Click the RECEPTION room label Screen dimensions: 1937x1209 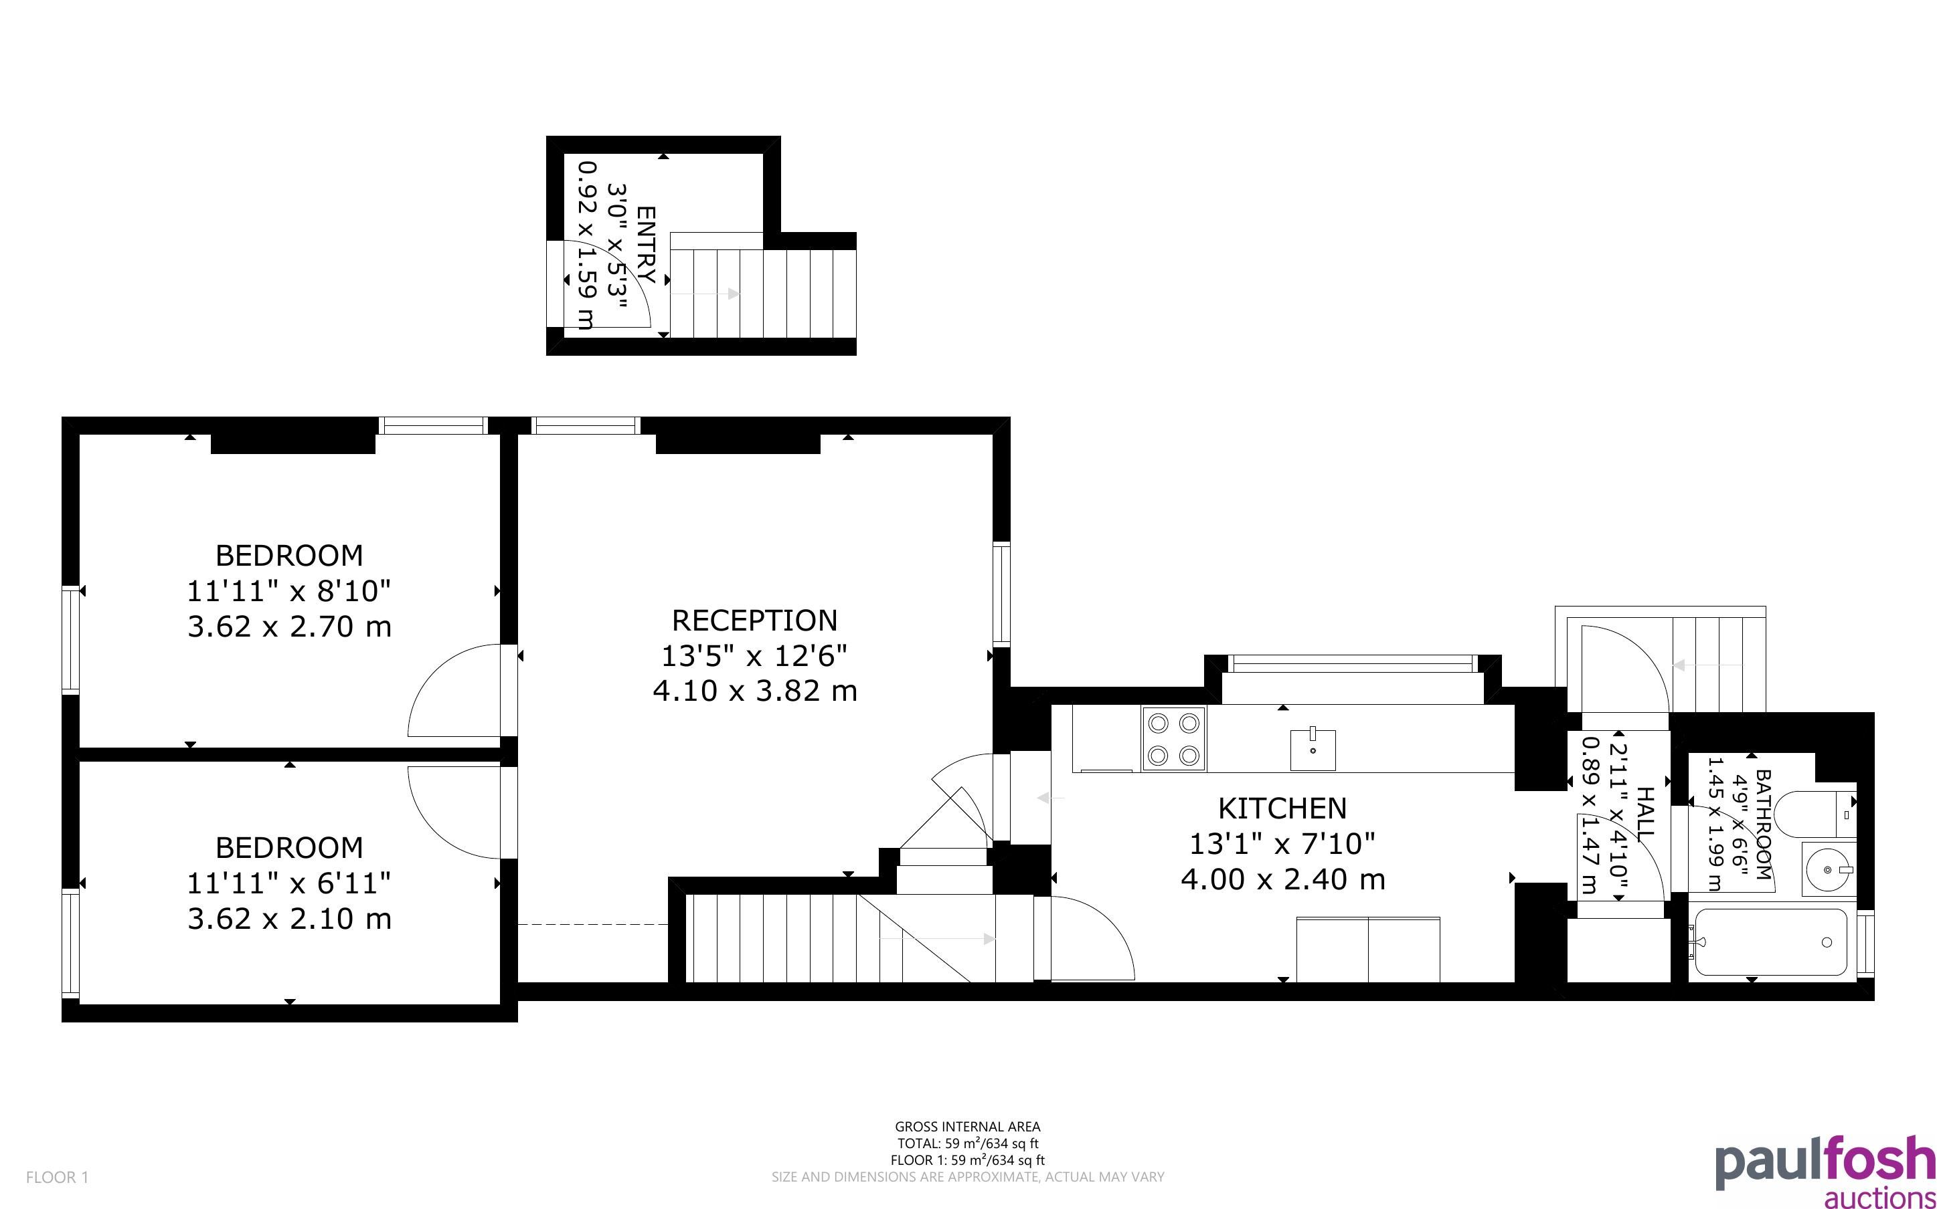pos(754,621)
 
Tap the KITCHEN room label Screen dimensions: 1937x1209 pos(1282,808)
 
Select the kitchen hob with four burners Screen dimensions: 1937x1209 pos(1174,739)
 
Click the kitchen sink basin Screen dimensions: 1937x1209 pos(1313,750)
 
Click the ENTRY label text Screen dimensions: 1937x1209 pos(646,245)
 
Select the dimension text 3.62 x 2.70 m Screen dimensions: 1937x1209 pos(290,626)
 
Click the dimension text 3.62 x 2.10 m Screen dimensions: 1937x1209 pos(290,919)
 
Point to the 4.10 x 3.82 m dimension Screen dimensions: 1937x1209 pos(754,691)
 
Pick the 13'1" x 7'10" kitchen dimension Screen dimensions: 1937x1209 pos(1282,844)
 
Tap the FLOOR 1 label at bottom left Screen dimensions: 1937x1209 pos(58,1177)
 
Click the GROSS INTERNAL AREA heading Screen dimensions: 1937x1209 pos(967,1127)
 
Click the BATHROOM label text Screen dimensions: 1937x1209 pos(1762,825)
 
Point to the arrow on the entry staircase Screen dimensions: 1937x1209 pos(705,294)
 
